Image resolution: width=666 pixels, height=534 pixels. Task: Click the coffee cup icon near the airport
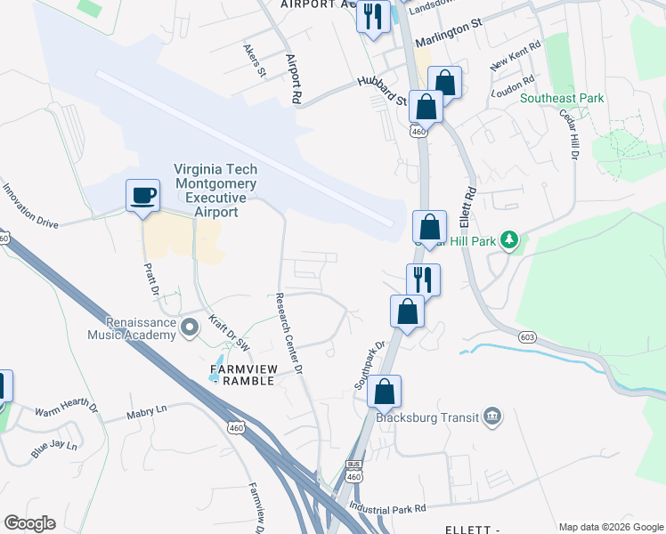142,195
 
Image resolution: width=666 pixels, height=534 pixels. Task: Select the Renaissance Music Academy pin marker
189,329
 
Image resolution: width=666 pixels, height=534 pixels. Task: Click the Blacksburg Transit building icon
491,417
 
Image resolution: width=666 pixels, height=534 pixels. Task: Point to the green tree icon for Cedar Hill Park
509,239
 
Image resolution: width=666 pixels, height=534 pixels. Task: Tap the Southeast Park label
562,99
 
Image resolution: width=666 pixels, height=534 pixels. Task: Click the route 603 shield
528,336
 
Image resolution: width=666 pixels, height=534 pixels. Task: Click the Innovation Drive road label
29,206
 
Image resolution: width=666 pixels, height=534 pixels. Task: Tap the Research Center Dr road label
289,333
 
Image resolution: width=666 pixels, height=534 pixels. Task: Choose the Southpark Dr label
369,366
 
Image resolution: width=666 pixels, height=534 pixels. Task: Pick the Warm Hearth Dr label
66,410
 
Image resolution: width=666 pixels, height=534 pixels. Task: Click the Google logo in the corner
29,523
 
